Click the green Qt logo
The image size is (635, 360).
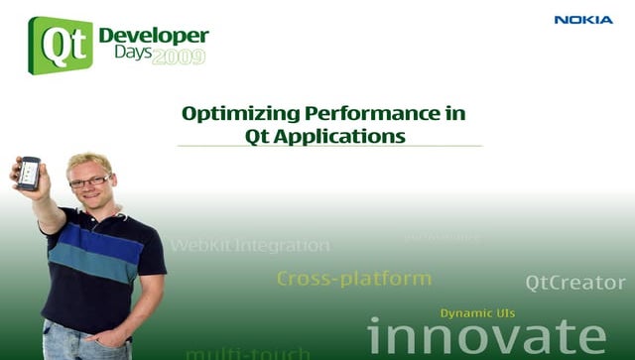coord(61,45)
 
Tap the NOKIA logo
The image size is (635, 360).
coord(583,20)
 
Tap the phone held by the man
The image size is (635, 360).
coord(29,173)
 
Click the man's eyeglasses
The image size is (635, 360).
coord(89,181)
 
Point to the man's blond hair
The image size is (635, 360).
coord(88,162)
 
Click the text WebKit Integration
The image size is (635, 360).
coord(250,245)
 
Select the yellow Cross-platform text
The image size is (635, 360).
coord(353,279)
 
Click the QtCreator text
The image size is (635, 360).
coord(575,283)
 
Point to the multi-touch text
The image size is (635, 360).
coord(247,353)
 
